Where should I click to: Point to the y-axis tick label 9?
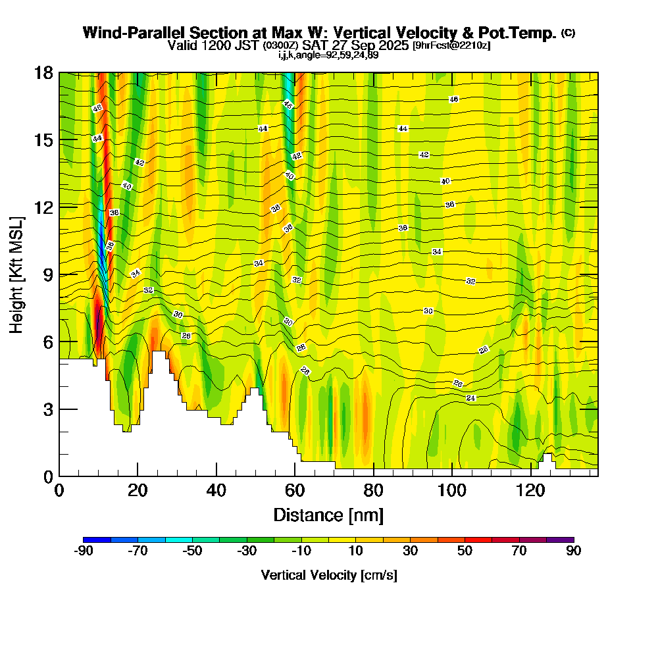pos(47,275)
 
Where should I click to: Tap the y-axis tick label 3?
pos(47,409)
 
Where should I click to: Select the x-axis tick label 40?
pos(216,491)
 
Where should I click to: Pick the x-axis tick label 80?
pos(374,491)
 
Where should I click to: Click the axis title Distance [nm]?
pos(328,515)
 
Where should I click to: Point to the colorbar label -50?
pos(192,551)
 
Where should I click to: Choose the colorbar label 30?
pos(411,551)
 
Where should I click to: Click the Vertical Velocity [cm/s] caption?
pos(328,575)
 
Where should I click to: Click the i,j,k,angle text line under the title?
pos(328,55)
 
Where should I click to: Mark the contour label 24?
pos(470,398)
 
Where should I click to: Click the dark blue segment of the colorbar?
pos(97,540)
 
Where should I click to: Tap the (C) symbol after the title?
pos(568,33)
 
